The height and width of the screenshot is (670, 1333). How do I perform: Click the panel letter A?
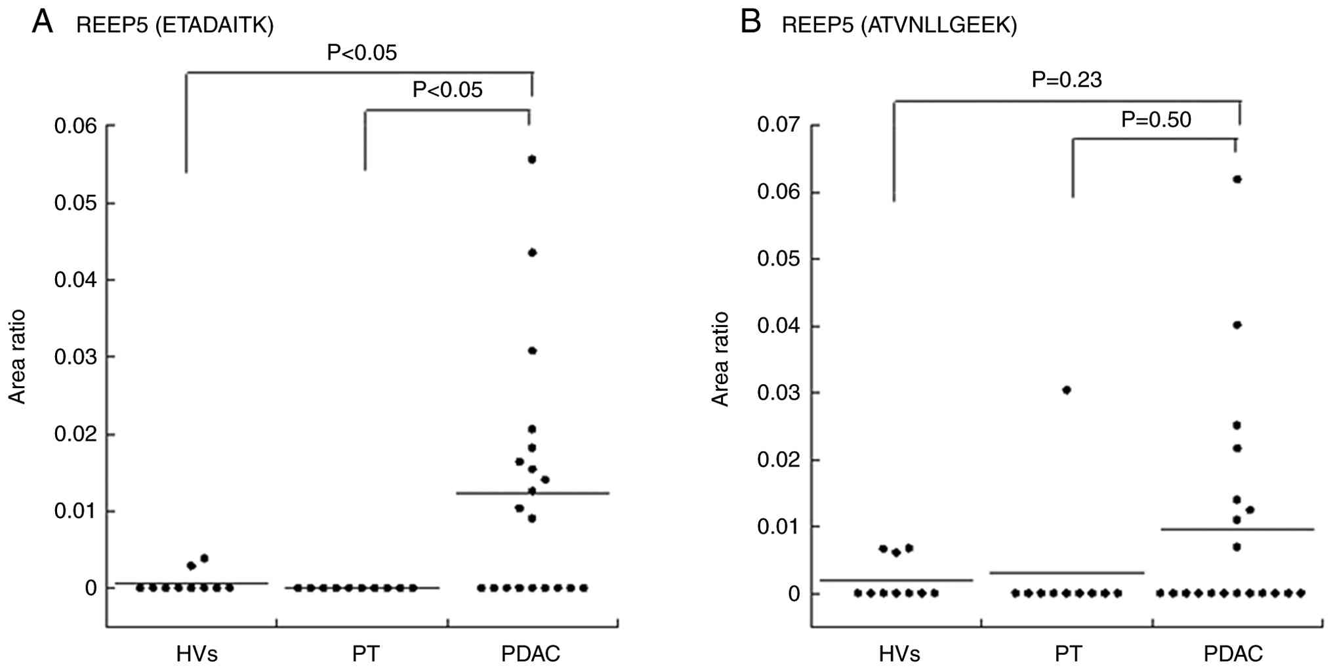pyautogui.click(x=42, y=21)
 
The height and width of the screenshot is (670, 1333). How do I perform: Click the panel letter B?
pyautogui.click(x=750, y=21)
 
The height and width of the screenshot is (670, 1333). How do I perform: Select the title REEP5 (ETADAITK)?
pyautogui.click(x=174, y=26)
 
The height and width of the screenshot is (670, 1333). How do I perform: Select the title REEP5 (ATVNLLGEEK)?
pyautogui.click(x=899, y=26)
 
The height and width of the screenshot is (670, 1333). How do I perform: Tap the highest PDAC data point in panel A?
pyautogui.click(x=532, y=159)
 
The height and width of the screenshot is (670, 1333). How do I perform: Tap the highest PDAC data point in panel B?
pyautogui.click(x=1237, y=179)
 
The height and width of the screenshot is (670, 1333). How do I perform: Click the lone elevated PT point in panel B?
pyautogui.click(x=1067, y=390)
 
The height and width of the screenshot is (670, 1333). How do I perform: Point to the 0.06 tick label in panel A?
pyautogui.click(x=75, y=126)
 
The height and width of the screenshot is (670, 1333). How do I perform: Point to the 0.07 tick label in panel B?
pyautogui.click(x=779, y=125)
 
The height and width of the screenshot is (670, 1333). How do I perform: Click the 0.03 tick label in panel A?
pyautogui.click(x=75, y=357)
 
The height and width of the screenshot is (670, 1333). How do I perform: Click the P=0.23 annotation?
pyautogui.click(x=1067, y=80)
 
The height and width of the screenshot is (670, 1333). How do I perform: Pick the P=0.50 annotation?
pyautogui.click(x=1156, y=120)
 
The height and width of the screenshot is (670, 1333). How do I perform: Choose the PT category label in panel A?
pyautogui.click(x=365, y=654)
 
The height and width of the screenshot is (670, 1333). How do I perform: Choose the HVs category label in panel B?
pyautogui.click(x=899, y=654)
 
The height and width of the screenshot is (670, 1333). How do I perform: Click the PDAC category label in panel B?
pyautogui.click(x=1233, y=654)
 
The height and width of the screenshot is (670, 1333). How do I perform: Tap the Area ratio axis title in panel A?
pyautogui.click(x=18, y=357)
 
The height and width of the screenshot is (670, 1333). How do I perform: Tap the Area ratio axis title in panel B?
pyautogui.click(x=721, y=359)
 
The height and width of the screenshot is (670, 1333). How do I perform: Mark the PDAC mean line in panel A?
pyautogui.click(x=577, y=493)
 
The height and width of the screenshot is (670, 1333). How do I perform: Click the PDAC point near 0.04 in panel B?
pyautogui.click(x=1237, y=325)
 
